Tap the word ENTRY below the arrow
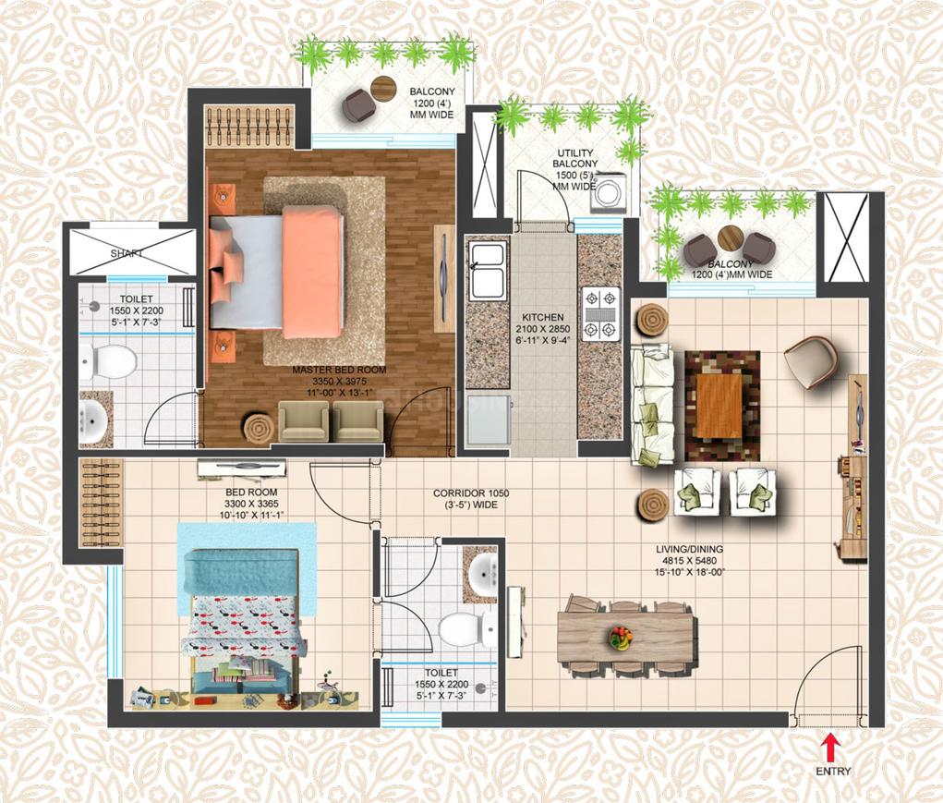[x=833, y=772]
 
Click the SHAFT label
[x=127, y=254]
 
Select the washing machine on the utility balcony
[x=609, y=194]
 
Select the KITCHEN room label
[x=542, y=317]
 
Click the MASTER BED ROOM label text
[x=339, y=371]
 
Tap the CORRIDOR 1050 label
[x=471, y=493]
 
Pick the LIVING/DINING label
[x=689, y=549]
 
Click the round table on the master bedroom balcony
[x=383, y=89]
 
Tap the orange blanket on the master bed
[x=313, y=272]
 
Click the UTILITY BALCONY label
[x=574, y=158]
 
